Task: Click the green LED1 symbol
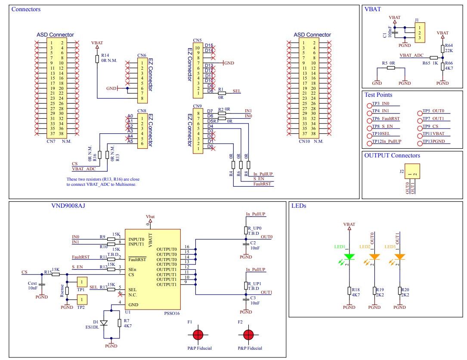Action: (x=349, y=257)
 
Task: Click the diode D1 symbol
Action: (x=103, y=323)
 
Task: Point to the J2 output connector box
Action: (x=411, y=171)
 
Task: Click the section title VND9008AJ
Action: (x=68, y=206)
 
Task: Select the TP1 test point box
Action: (x=82, y=282)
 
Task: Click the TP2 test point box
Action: (x=82, y=300)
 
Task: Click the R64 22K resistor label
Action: (x=448, y=48)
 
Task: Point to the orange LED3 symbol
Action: (x=400, y=257)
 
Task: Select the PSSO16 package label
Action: (x=172, y=314)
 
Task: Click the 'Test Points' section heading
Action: (x=378, y=95)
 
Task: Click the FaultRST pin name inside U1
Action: (x=137, y=259)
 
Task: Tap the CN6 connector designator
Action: (x=142, y=55)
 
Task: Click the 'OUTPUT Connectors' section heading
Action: (x=392, y=156)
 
